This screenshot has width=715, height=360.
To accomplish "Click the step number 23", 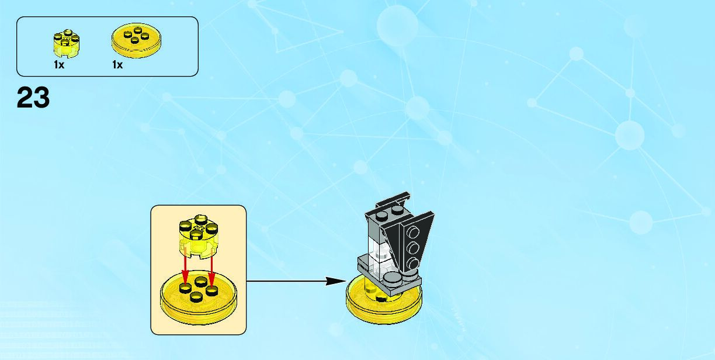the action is pyautogui.click(x=33, y=98).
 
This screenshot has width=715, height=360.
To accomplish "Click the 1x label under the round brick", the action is pyautogui.click(x=59, y=65).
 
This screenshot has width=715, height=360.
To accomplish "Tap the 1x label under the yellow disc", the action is pyautogui.click(x=117, y=65).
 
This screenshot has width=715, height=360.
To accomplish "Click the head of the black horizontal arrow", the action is pyautogui.click(x=338, y=281).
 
